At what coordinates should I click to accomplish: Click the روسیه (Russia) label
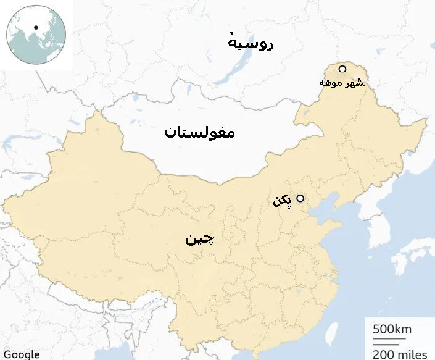(251, 43)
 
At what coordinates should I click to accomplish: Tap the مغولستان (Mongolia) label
(200, 133)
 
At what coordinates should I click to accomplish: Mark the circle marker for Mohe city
(342, 69)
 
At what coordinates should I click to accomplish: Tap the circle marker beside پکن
(300, 198)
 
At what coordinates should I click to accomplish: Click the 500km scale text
(392, 329)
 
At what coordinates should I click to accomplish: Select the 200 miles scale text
(400, 354)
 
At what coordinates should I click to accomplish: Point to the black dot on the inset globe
(37, 27)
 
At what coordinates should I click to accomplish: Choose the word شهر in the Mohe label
(354, 82)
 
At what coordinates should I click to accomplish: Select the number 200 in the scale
(383, 354)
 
